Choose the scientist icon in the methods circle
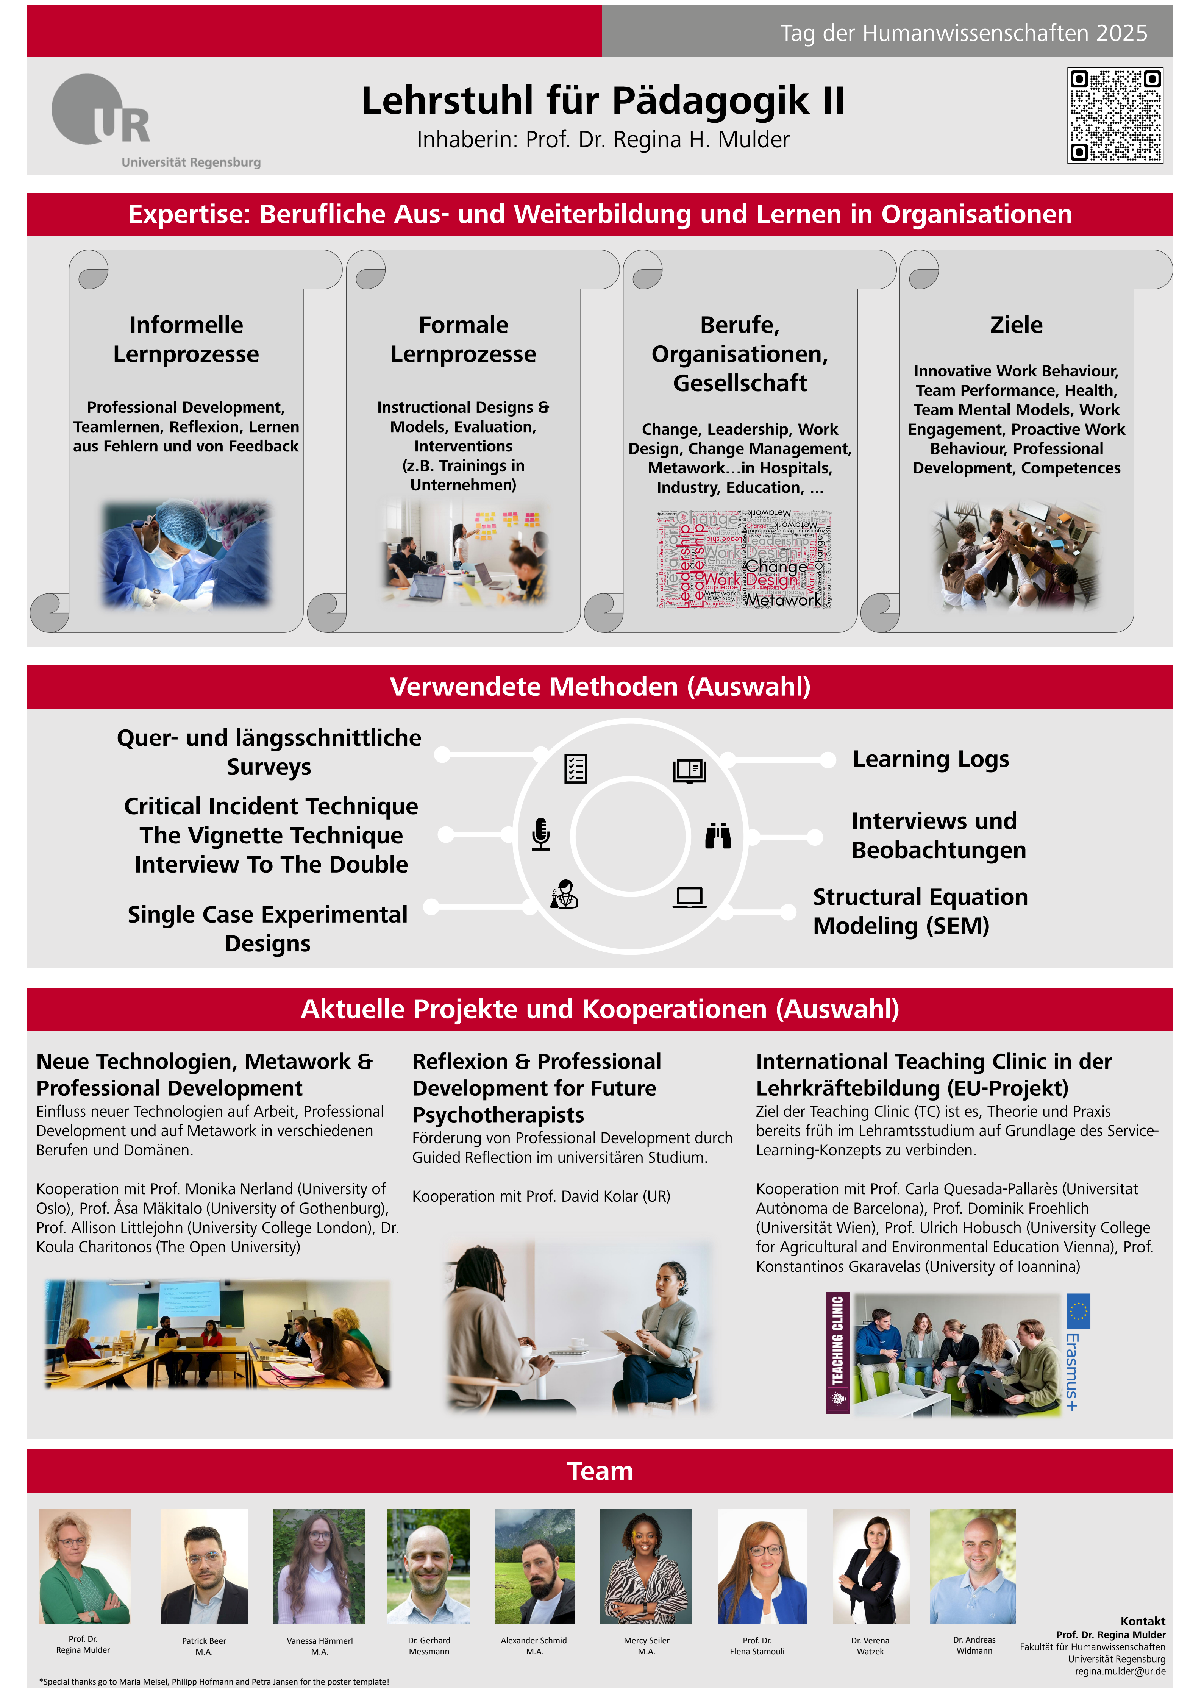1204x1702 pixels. [565, 895]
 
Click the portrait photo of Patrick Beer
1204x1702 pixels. [204, 1566]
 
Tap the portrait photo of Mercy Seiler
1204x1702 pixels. [646, 1566]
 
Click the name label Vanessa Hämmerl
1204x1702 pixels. [320, 1641]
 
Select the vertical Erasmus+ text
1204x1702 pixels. [1072, 1371]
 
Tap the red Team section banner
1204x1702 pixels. [600, 1471]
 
